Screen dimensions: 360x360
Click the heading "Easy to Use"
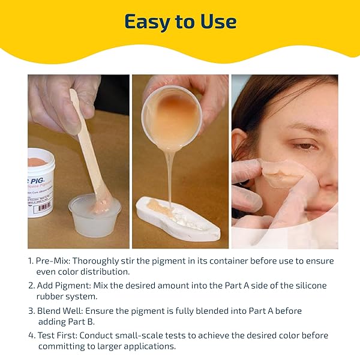point(181,22)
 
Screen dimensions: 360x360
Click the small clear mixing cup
point(95,215)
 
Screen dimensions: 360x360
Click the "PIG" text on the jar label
point(37,181)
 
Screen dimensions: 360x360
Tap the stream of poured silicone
point(170,177)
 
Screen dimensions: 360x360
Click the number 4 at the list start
point(31,335)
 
